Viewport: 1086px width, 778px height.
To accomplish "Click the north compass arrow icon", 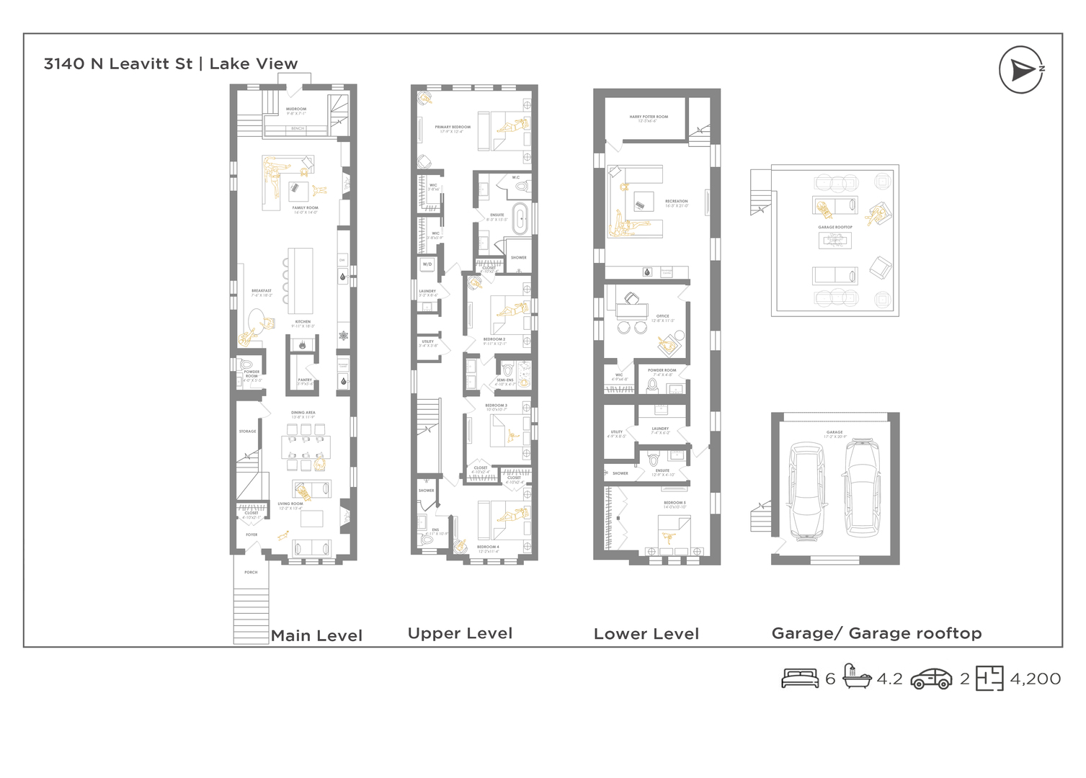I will pos(1021,70).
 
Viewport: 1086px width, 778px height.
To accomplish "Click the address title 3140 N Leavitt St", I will pos(118,64).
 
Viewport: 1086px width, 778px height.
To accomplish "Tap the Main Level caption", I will pos(316,635).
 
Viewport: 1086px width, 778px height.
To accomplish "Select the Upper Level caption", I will pos(460,633).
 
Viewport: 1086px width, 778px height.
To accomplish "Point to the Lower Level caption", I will pos(646,634).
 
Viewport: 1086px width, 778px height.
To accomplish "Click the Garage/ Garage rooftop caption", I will pos(876,633).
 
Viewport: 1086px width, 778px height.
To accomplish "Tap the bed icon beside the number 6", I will pos(800,679).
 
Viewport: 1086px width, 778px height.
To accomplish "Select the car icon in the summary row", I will pos(931,679).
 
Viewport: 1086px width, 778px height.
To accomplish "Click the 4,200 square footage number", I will pos(1035,679).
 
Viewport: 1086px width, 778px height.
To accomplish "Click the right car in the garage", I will pos(863,488).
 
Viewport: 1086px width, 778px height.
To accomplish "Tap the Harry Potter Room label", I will pos(649,118).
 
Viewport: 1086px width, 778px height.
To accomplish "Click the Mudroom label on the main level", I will pos(296,111).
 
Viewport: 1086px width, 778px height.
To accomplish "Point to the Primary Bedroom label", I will pos(453,129).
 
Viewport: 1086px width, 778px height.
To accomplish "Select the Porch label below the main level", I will pos(251,573).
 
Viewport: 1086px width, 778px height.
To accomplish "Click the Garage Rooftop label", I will pos(835,227).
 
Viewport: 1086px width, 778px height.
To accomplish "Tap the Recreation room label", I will pos(676,203).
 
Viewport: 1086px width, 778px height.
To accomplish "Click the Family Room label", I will pos(306,210).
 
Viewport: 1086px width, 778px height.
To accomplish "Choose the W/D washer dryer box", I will pos(427,264).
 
